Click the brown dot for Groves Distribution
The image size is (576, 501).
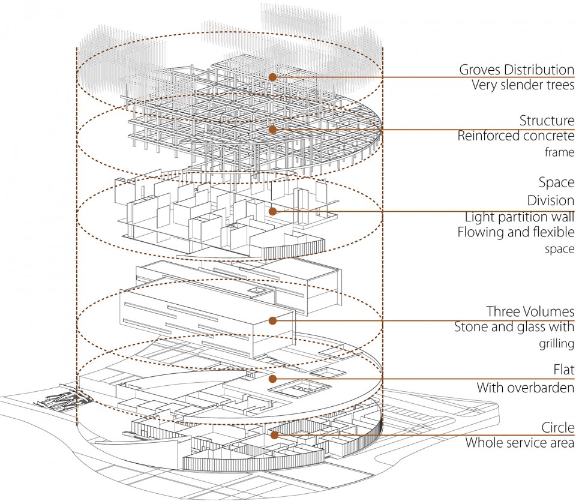[x=272, y=77]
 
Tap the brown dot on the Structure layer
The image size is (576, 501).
[x=272, y=129]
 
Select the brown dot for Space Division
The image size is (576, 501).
[x=272, y=212]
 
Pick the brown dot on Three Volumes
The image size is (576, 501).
[x=272, y=320]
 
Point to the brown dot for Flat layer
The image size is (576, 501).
[x=272, y=379]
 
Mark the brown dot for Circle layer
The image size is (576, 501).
[x=274, y=435]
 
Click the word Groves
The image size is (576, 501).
[x=480, y=70]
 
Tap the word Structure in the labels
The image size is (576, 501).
[x=547, y=121]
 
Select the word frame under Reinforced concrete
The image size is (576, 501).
[x=559, y=152]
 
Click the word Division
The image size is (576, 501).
[x=551, y=200]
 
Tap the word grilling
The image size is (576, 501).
[x=556, y=344]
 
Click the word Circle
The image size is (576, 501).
[x=557, y=428]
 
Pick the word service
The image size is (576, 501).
[x=523, y=443]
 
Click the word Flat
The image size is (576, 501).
[x=563, y=370]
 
